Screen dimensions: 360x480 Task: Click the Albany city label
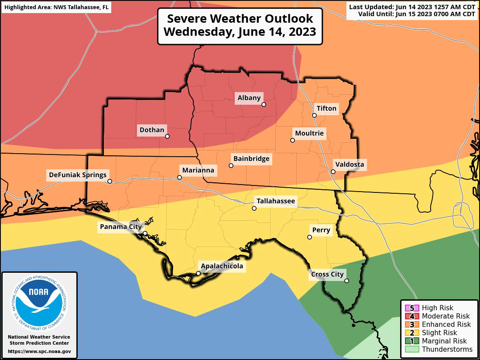pos(249,98)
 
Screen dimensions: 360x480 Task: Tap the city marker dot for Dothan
pos(167,136)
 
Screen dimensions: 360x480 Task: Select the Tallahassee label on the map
pos(276,201)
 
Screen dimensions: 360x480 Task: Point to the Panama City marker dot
pos(145,233)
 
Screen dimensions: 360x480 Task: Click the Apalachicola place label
pos(222,266)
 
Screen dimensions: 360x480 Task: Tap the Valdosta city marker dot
pos(333,171)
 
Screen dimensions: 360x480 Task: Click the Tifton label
pos(326,108)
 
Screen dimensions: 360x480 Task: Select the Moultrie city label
pos(310,133)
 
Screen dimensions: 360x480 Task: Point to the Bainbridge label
pos(251,158)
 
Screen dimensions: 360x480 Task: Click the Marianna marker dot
pos(179,177)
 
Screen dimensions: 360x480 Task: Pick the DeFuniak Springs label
pos(78,175)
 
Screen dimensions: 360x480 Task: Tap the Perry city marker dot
pos(309,237)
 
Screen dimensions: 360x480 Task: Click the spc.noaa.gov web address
pos(39,351)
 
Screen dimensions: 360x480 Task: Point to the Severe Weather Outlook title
pos(240,26)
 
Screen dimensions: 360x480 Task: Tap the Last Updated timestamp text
pos(411,7)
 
